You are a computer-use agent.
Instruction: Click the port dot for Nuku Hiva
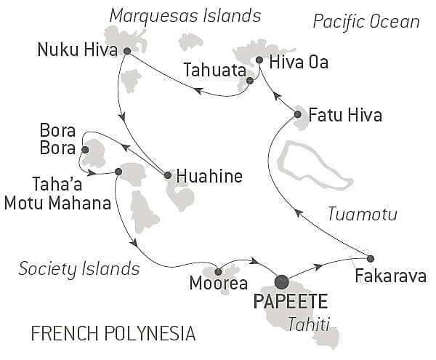[127, 51]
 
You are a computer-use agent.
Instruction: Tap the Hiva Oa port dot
[259, 60]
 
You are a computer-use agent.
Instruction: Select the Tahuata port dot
[249, 81]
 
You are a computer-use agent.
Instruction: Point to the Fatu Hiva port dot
[298, 114]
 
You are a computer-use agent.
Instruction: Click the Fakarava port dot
[371, 258]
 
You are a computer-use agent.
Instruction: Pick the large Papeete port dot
[281, 281]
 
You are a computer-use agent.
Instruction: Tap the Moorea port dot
[218, 271]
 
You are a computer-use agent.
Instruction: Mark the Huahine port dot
[168, 175]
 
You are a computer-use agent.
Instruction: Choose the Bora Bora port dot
[85, 150]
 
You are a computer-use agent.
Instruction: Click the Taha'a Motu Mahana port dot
[118, 172]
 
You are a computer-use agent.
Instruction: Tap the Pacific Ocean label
[366, 21]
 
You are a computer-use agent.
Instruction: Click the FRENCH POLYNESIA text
[113, 334]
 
